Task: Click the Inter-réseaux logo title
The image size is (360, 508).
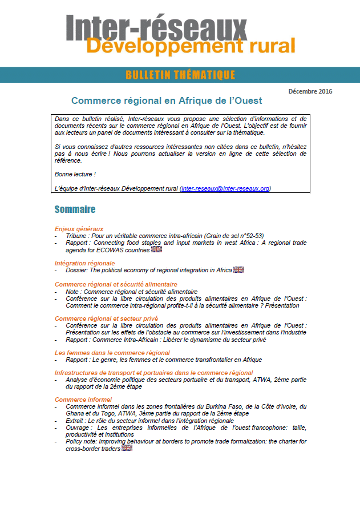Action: [156, 26]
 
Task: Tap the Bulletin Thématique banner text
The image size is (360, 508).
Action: [180, 75]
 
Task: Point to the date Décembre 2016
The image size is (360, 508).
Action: [310, 91]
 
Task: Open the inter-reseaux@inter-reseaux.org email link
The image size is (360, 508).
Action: [225, 188]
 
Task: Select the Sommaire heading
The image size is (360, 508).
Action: [75, 209]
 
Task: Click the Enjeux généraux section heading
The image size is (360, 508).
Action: [79, 229]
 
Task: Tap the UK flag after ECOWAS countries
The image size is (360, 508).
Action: [156, 249]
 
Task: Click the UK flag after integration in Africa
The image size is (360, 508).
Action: [238, 270]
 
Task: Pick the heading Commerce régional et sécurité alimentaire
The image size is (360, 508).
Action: [116, 284]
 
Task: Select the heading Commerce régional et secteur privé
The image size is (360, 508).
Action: [106, 318]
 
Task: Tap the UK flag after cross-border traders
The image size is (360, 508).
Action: [127, 448]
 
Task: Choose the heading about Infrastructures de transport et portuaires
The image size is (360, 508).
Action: [153, 373]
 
